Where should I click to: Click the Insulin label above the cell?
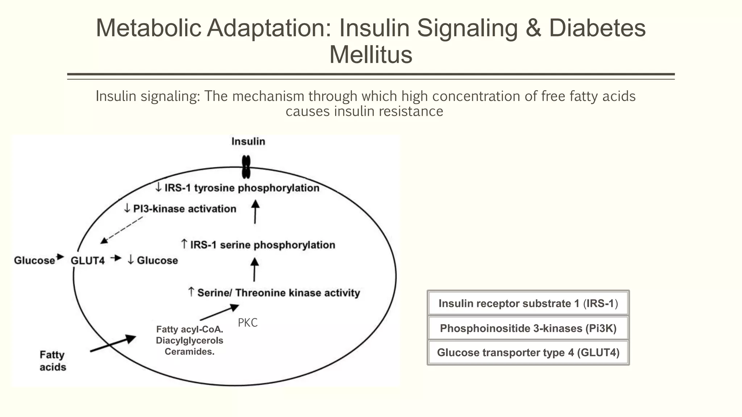[248, 142]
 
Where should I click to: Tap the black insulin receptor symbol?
[246, 167]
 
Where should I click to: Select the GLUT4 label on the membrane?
[87, 261]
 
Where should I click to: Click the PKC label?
[247, 323]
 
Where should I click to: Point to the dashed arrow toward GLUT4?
[122, 230]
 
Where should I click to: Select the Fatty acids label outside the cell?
[53, 361]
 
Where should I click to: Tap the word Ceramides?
[189, 352]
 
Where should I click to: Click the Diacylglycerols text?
[189, 341]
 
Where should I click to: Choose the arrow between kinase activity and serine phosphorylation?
[254, 270]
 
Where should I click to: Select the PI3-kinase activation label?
[180, 209]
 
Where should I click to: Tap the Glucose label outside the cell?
[34, 261]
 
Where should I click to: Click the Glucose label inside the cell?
[153, 261]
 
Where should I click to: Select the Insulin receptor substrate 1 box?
[528, 303]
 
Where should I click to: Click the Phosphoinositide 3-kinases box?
[528, 328]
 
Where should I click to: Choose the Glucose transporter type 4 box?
[528, 353]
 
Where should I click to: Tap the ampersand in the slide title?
[533, 28]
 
